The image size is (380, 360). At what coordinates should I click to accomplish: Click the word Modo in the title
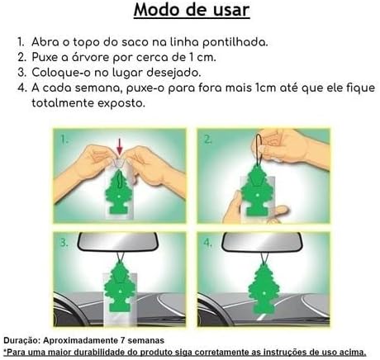coord(157,10)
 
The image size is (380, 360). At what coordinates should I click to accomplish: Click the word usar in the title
coord(231,10)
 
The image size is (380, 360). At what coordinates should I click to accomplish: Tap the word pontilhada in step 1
coord(235,42)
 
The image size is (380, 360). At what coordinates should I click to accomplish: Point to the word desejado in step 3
coord(173,73)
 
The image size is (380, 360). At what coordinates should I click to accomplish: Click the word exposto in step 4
coord(121,103)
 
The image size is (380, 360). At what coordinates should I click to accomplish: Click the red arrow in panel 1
coord(119,146)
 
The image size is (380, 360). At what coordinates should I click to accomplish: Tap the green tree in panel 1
coord(119,192)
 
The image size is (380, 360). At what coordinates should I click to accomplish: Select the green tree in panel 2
coord(257,191)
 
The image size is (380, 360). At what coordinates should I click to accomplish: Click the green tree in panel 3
coord(120,287)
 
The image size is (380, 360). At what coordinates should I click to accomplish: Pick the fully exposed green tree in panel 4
coord(264,289)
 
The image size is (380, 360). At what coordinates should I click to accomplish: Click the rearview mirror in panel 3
coord(119,242)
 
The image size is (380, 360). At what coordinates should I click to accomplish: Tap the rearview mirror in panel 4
coord(263,242)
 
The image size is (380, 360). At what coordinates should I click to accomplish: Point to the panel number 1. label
coord(64,140)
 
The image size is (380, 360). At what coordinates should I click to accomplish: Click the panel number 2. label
coord(208,140)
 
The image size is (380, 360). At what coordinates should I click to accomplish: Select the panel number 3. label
coord(64,243)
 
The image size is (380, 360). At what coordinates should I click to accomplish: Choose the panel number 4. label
coord(208,243)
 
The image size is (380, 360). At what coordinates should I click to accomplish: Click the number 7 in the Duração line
coord(123,340)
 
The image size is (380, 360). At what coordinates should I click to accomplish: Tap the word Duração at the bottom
coord(22,341)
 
